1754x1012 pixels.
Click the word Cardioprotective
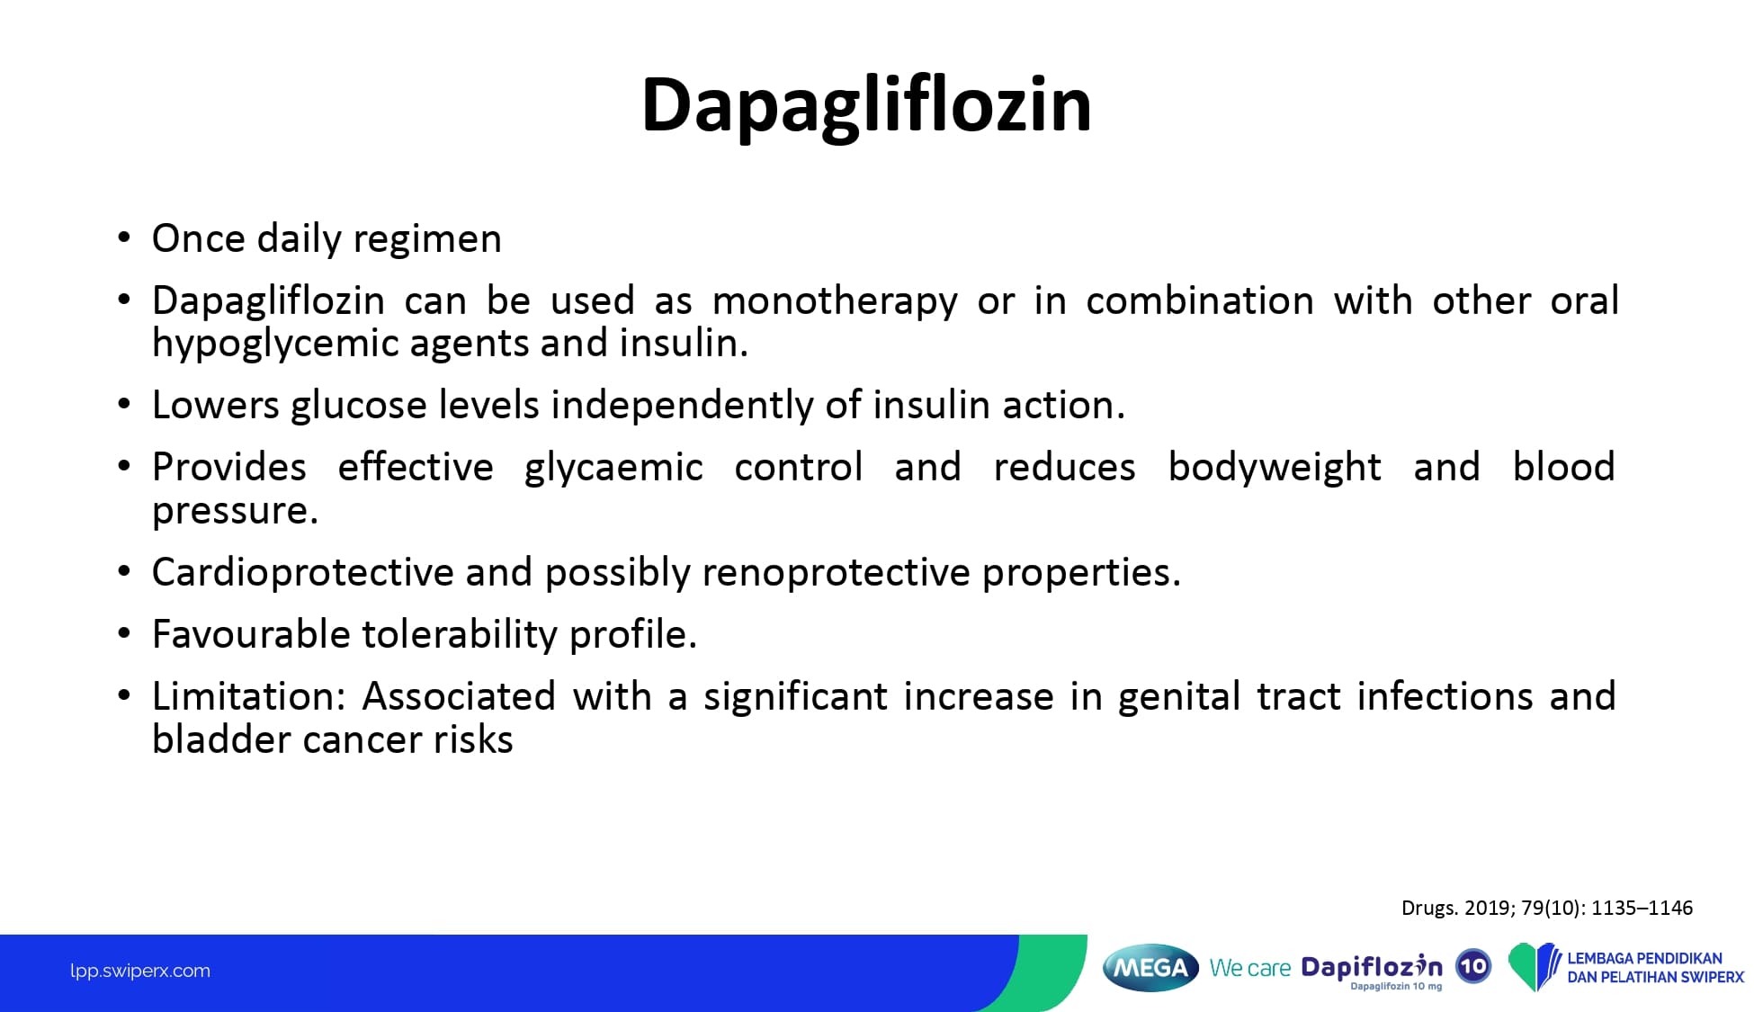[x=303, y=573]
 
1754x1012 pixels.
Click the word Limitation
[x=249, y=697]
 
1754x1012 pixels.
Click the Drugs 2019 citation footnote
[x=1547, y=909]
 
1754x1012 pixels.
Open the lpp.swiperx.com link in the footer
[x=140, y=972]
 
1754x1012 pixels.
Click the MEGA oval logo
[x=1150, y=968]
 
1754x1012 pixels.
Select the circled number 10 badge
[x=1473, y=967]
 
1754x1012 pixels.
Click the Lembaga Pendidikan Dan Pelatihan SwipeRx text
[x=1655, y=968]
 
